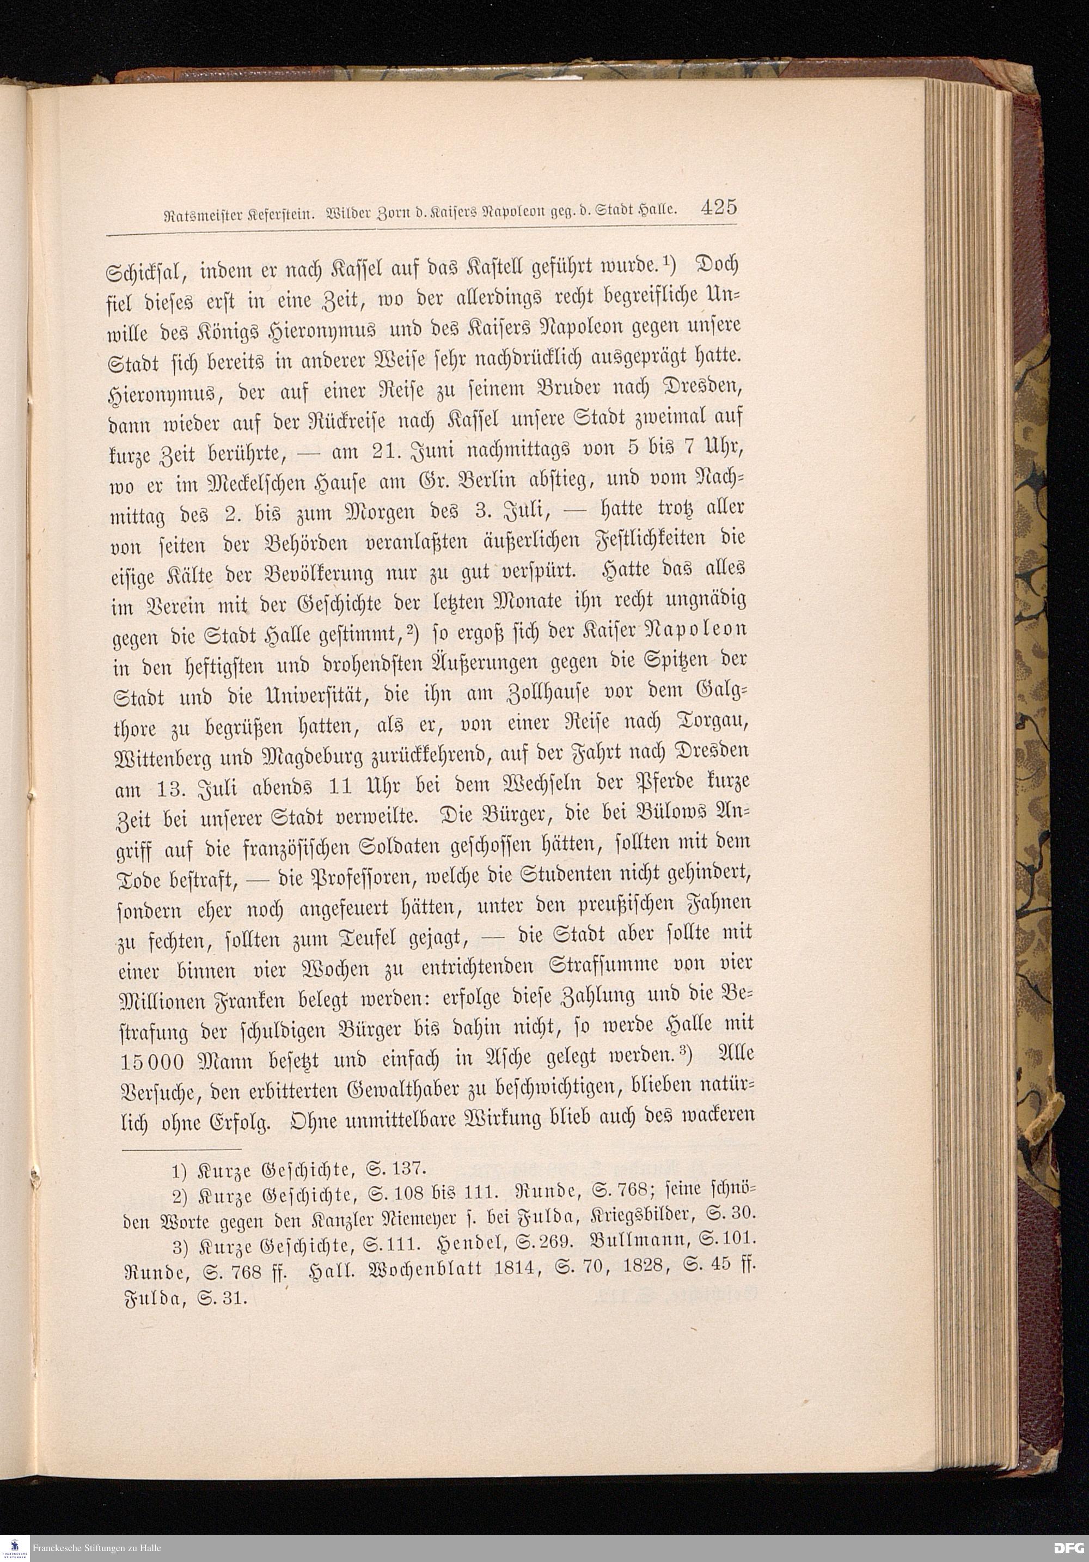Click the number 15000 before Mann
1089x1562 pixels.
[x=147, y=1060]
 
